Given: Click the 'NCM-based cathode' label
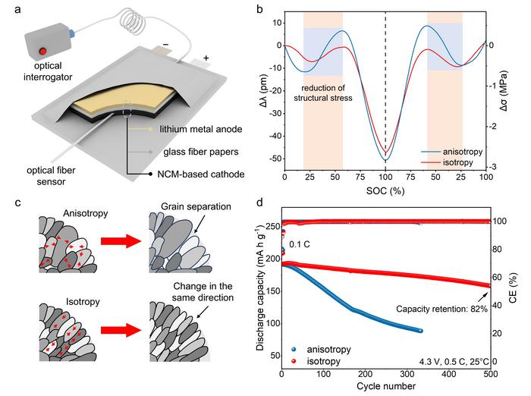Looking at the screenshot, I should click(197, 174).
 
